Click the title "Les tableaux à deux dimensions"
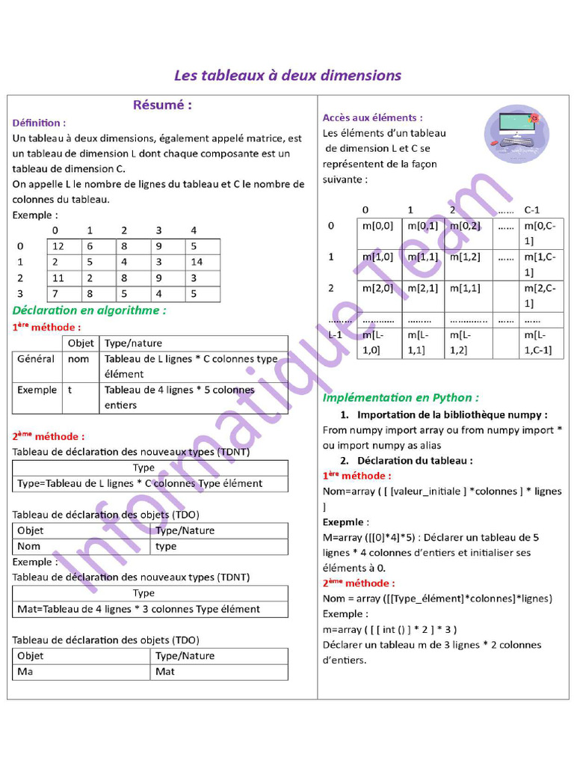click(288, 76)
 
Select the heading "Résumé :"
click(162, 105)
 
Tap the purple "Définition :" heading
click(39, 122)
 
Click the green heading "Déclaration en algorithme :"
click(89, 310)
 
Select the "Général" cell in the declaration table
click(36, 359)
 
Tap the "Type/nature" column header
click(133, 343)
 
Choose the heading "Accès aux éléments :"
click(372, 117)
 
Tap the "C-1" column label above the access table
click(532, 209)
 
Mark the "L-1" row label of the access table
click(336, 334)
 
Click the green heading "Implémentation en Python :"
click(401, 397)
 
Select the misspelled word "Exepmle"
click(345, 521)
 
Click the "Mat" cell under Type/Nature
click(165, 672)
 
